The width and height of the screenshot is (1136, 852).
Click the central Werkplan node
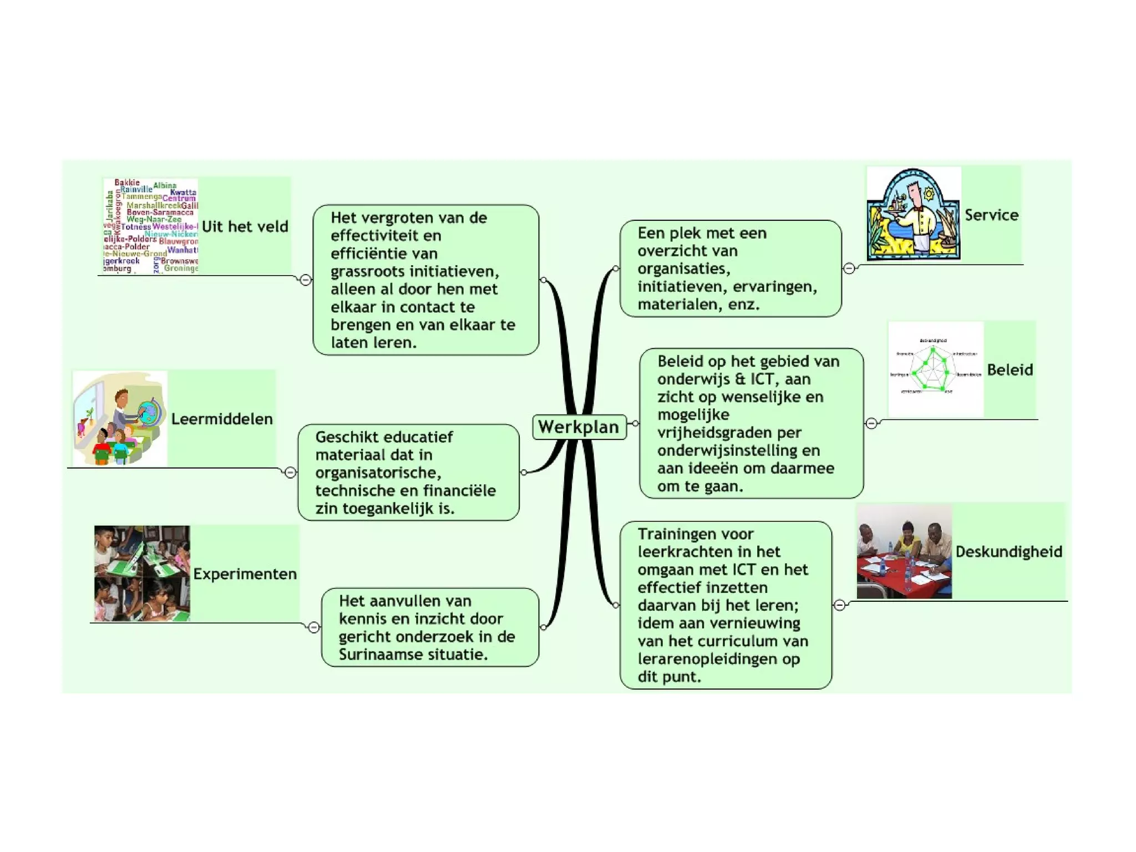click(x=579, y=427)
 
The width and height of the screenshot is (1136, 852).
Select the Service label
click(x=991, y=215)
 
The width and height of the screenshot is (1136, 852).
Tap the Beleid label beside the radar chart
click(x=1010, y=369)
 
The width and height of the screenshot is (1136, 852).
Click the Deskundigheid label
click(x=1008, y=551)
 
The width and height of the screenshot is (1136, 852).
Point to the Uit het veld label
click(x=245, y=226)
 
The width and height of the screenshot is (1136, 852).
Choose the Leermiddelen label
click(x=222, y=419)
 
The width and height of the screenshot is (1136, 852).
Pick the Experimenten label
click(x=245, y=574)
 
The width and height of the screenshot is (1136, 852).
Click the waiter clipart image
click(x=914, y=214)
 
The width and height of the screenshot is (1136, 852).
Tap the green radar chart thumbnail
click(x=935, y=369)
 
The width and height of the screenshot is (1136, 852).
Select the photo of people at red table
click(x=904, y=551)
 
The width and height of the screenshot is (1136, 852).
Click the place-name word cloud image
click(x=151, y=226)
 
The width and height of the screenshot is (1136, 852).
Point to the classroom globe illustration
click(x=120, y=419)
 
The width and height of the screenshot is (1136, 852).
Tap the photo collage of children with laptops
click(x=142, y=574)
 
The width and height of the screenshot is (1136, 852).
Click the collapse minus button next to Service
click(x=849, y=268)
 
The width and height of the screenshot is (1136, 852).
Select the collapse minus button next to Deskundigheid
click(x=840, y=605)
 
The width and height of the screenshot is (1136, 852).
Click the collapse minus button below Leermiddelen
click(x=290, y=472)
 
